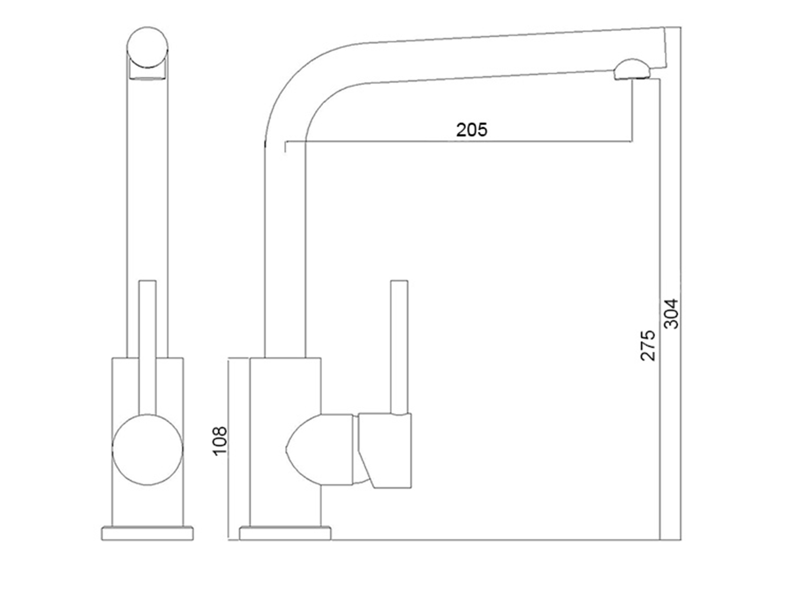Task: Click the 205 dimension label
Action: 471,130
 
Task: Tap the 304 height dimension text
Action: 671,313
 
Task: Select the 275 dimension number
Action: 648,345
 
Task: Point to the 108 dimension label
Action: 220,441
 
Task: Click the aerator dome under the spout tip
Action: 632,69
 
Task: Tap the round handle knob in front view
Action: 148,449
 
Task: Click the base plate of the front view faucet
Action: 147,533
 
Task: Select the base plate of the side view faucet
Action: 285,533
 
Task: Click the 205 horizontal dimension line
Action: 458,142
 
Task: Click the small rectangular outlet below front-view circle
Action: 147,72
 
